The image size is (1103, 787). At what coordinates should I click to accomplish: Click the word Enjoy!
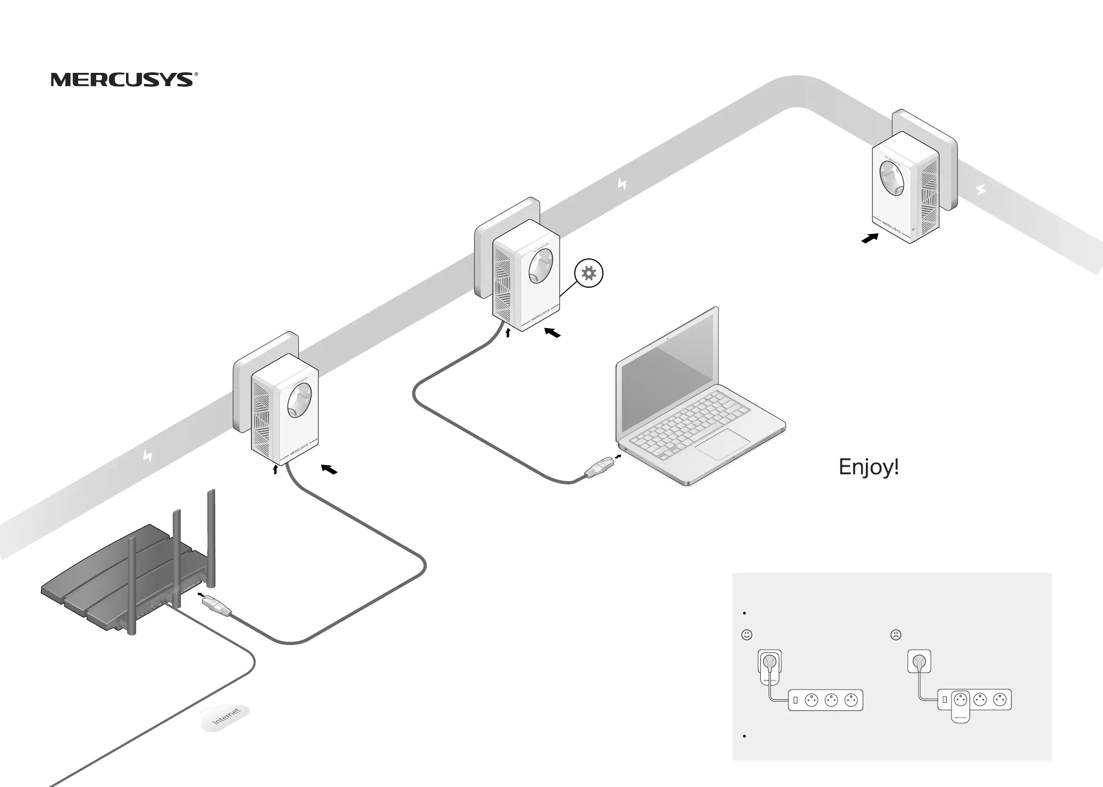click(869, 467)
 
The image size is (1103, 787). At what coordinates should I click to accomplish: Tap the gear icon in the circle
click(589, 274)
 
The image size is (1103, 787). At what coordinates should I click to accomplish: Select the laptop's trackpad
click(723, 445)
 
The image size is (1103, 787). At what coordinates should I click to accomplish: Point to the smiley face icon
click(747, 634)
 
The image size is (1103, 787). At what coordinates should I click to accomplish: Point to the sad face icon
click(896, 634)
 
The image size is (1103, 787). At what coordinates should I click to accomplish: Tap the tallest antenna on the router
click(211, 537)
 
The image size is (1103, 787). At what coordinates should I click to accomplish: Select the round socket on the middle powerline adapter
click(541, 267)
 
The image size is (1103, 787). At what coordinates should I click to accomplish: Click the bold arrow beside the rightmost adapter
click(870, 239)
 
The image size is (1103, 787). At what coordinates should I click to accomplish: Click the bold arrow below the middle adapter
click(553, 333)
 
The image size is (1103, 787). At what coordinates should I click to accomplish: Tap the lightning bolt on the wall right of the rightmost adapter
click(981, 189)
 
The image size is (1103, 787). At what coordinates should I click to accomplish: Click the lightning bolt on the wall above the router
click(148, 456)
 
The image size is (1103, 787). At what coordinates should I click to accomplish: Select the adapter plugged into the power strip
click(959, 707)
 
